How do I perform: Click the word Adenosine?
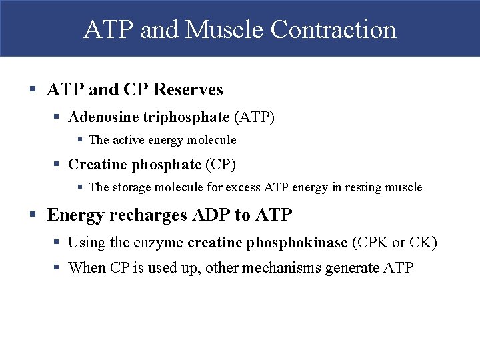(103, 117)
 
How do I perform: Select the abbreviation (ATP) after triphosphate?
(254, 117)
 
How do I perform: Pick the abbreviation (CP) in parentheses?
(221, 164)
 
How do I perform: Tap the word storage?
(134, 187)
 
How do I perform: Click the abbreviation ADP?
(210, 215)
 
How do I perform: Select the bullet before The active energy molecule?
(79, 140)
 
